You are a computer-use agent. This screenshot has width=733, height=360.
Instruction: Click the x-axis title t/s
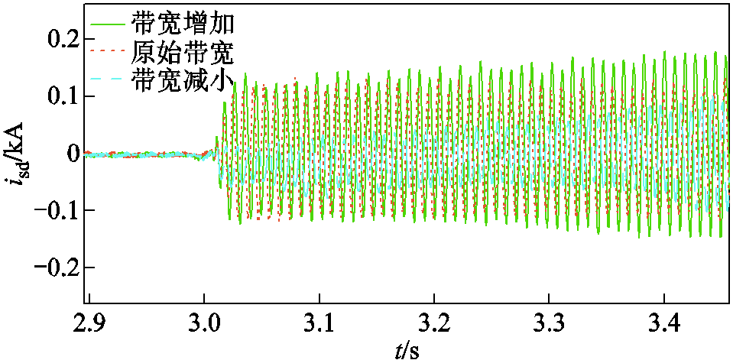click(407, 349)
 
